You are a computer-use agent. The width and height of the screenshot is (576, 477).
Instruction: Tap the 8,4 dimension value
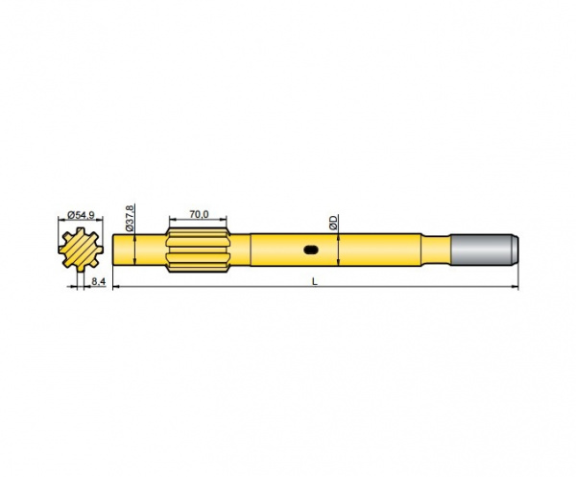pyautogui.click(x=98, y=281)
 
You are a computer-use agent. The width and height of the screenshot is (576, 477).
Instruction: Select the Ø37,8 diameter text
pyautogui.click(x=131, y=217)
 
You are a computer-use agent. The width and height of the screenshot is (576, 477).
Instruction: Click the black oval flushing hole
pyautogui.click(x=312, y=250)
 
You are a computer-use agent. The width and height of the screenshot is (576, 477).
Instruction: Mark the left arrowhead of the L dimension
pyautogui.click(x=117, y=287)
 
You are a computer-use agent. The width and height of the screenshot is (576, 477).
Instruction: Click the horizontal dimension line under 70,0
pyautogui.click(x=200, y=223)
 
